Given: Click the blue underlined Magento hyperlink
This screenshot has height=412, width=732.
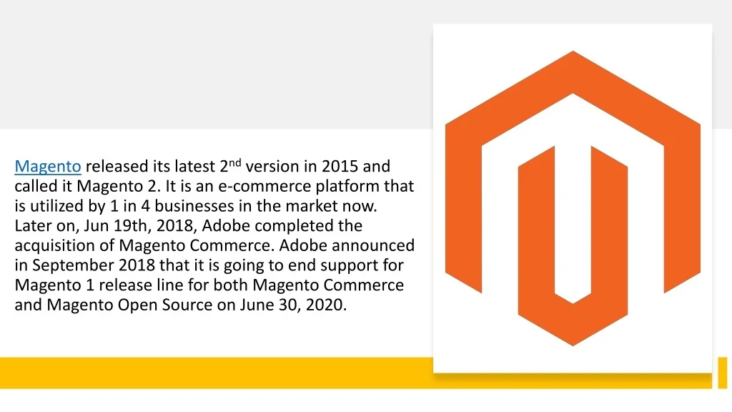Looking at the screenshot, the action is [x=48, y=166].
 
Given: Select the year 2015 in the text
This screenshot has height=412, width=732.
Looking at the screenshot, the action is [x=340, y=166].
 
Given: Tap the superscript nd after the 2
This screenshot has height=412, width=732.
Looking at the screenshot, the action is [x=234, y=162].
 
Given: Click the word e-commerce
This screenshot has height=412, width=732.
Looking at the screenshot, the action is [x=265, y=186].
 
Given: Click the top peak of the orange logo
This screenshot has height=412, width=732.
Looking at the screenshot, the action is [x=573, y=51].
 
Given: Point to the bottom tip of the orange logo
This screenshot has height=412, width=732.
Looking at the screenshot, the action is [x=573, y=345].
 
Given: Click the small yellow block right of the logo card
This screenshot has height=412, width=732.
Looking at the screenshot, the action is [x=722, y=372].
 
